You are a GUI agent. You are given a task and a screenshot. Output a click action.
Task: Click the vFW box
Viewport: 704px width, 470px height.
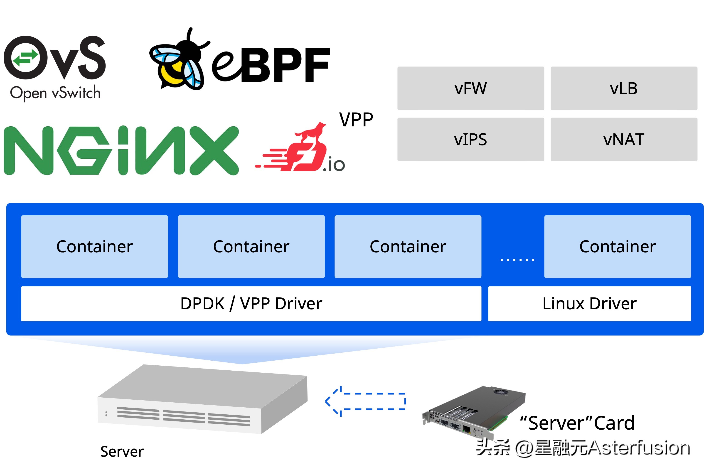470,89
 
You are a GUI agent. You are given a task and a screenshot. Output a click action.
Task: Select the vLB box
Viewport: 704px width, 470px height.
623,89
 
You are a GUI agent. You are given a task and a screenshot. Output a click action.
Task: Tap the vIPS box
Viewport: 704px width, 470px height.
470,139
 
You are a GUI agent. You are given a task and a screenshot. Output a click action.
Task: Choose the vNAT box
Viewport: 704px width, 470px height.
623,139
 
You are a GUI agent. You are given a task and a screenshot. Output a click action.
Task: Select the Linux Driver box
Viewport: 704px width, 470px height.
589,303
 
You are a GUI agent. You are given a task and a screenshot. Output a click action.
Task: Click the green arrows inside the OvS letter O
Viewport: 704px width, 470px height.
25,58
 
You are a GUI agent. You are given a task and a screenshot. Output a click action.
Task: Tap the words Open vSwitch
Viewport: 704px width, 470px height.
55,93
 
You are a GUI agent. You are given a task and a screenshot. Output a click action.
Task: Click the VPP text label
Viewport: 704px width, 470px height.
356,120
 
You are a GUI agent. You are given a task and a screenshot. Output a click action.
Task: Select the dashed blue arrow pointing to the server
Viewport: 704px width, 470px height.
366,401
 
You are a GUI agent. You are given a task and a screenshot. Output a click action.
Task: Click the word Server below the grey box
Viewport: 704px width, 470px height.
122,451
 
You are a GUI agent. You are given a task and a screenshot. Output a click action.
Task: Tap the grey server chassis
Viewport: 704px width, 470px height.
202,399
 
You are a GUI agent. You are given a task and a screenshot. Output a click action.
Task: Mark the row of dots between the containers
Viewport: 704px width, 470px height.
517,260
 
